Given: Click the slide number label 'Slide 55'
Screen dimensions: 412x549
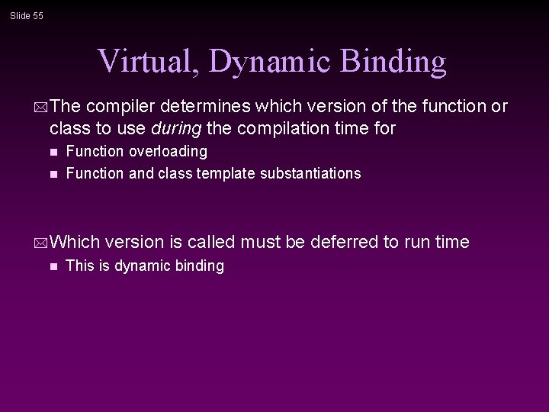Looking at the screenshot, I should point(27,15).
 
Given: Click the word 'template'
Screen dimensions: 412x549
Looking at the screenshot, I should point(226,173).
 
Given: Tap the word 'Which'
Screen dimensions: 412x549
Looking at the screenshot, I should point(75,242).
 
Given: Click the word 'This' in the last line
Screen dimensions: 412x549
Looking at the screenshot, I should point(80,266).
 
